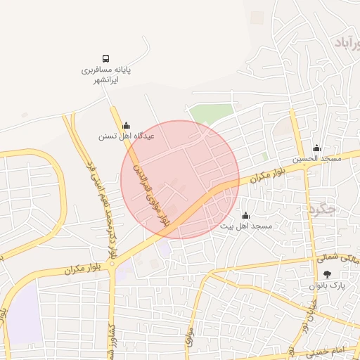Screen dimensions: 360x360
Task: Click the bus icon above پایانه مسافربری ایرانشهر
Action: click(105, 59)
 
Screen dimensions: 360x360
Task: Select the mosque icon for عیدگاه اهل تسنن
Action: click(127, 125)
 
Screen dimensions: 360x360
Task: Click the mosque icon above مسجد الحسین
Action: click(317, 148)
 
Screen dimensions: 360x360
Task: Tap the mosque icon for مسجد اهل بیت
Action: click(245, 215)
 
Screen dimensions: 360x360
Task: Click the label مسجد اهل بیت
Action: click(245, 226)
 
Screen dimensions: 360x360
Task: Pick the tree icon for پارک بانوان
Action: click(328, 275)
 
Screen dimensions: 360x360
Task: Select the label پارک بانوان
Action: click(328, 286)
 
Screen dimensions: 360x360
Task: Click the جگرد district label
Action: click(323, 209)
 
